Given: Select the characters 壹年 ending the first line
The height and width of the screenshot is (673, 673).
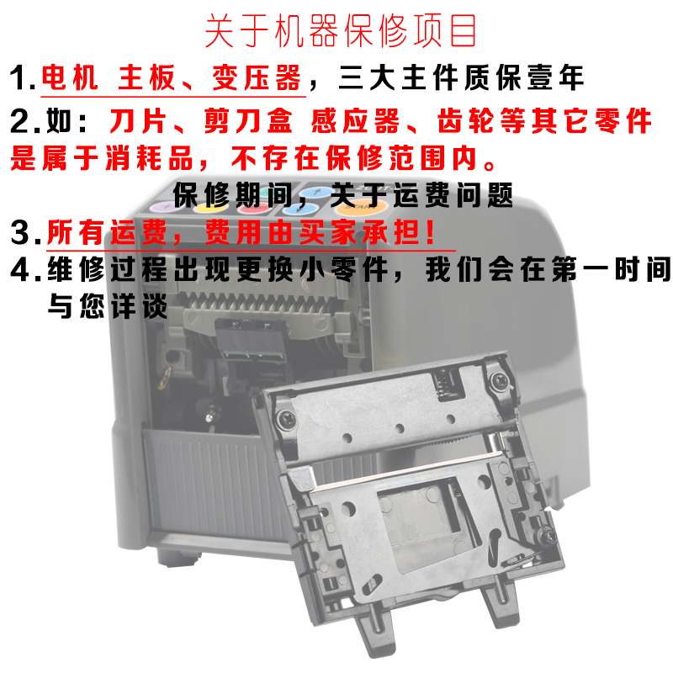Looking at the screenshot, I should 556,78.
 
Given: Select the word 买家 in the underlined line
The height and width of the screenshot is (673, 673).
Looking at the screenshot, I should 333,231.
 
